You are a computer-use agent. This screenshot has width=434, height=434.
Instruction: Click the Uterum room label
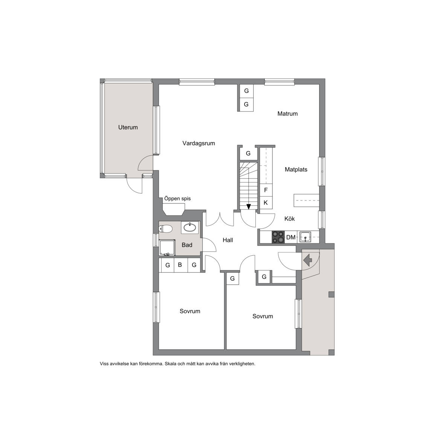click(128, 127)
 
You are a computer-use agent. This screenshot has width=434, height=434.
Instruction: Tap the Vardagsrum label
click(199, 144)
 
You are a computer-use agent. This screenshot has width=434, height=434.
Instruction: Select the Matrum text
click(287, 113)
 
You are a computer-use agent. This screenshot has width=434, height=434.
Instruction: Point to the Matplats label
click(296, 170)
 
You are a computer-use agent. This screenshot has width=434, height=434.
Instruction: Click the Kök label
click(289, 219)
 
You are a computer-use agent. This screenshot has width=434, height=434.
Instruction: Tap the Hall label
click(228, 240)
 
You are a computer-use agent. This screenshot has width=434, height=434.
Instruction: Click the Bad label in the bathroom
click(187, 245)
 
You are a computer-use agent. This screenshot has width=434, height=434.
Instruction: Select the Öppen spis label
click(177, 199)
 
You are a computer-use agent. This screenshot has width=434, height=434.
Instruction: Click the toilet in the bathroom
click(165, 229)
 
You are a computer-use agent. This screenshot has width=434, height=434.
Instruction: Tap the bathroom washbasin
click(190, 227)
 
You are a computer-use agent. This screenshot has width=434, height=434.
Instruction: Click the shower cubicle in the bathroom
click(167, 248)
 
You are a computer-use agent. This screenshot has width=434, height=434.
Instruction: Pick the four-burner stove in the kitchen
click(278, 237)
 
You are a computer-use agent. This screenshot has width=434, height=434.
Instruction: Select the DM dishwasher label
click(290, 237)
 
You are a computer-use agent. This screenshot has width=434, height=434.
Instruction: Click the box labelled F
click(266, 190)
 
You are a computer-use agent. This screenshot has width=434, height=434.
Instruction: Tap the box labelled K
click(266, 203)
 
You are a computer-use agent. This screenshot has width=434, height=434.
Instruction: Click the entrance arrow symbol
click(308, 260)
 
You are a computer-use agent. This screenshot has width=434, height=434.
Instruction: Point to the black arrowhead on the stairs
click(249, 206)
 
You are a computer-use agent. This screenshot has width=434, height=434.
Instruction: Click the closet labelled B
click(180, 265)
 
